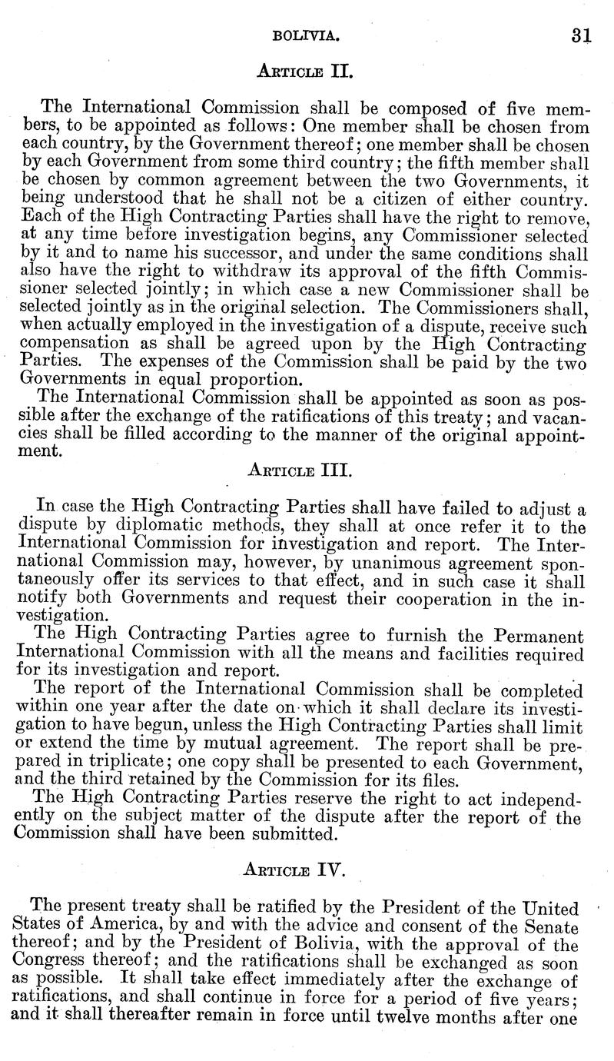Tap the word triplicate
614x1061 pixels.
click(143, 770)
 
